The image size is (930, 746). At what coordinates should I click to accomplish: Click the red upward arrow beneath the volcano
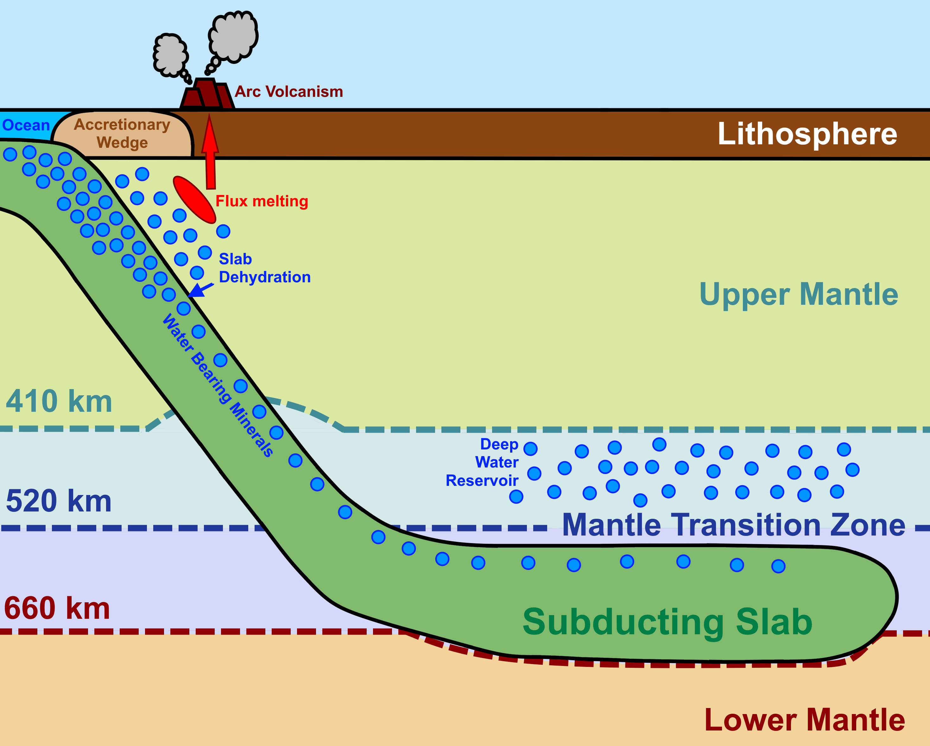(211, 155)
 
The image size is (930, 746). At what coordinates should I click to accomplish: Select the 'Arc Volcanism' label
(288, 92)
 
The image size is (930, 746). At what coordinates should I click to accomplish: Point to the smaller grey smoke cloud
(171, 55)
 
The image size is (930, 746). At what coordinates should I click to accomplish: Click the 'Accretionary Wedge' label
(122, 133)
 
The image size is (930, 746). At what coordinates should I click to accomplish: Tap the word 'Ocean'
(26, 125)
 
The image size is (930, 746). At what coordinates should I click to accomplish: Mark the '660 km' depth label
(57, 608)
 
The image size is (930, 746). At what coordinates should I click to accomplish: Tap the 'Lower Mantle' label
(805, 720)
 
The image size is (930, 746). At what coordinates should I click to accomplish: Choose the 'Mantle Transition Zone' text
(733, 525)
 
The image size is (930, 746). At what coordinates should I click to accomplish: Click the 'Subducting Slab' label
(667, 622)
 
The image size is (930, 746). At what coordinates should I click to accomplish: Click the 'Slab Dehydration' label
(264, 268)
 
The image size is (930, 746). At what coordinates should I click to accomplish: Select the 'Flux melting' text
(262, 201)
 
